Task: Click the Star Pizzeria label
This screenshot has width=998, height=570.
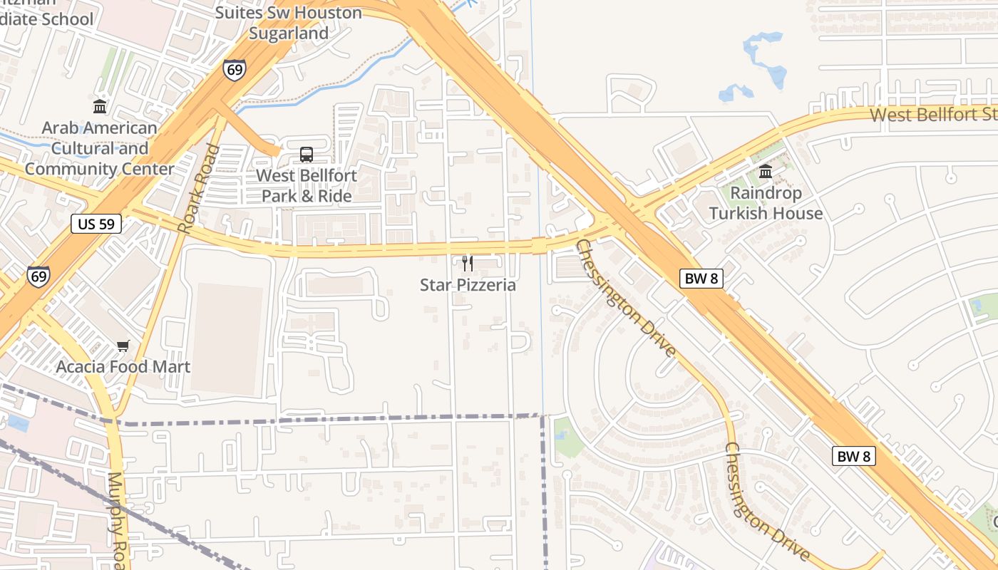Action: coord(468,285)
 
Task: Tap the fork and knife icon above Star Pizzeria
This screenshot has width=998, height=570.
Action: coord(468,264)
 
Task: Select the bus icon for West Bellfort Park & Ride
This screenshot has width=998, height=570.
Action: coord(307,154)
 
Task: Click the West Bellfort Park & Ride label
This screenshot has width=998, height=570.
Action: coord(307,185)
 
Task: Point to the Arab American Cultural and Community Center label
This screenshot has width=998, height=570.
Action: coord(100,148)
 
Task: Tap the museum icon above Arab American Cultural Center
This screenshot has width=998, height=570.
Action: coord(100,107)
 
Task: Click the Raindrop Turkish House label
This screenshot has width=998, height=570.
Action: coord(766,203)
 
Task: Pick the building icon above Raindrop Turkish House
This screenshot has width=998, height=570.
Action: coord(766,171)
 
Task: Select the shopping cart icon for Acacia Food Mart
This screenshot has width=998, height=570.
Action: coord(123,346)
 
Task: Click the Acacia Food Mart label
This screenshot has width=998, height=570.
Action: coord(123,367)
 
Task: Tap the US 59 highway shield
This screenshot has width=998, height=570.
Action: coord(96,224)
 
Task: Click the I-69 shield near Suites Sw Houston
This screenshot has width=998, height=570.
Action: coord(235,69)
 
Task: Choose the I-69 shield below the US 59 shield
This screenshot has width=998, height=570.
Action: coord(38,276)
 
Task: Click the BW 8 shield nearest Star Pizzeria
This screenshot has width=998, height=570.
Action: coord(701,279)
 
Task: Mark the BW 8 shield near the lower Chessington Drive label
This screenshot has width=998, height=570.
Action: coord(853,456)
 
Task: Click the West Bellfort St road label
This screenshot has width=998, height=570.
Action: coord(932,114)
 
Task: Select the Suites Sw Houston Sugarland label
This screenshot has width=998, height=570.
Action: coord(289,23)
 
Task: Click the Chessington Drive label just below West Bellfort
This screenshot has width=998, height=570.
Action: coord(624,299)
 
